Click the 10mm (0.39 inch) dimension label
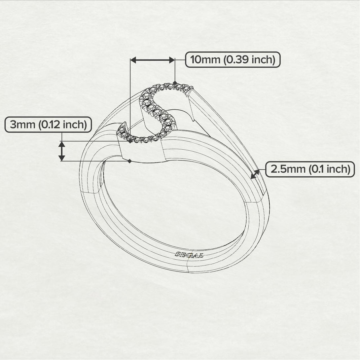tap(233, 60)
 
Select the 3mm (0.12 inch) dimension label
tap(48, 125)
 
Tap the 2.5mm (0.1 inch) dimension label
tap(310, 169)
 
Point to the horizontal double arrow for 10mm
tap(153, 60)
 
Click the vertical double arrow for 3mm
tap(62, 151)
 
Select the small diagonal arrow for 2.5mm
tap(255, 174)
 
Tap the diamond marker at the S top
tap(175, 83)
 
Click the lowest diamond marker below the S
tap(129, 161)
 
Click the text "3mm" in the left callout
tap(23, 125)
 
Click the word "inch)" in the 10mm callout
tap(263, 60)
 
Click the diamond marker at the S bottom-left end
tap(130, 141)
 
